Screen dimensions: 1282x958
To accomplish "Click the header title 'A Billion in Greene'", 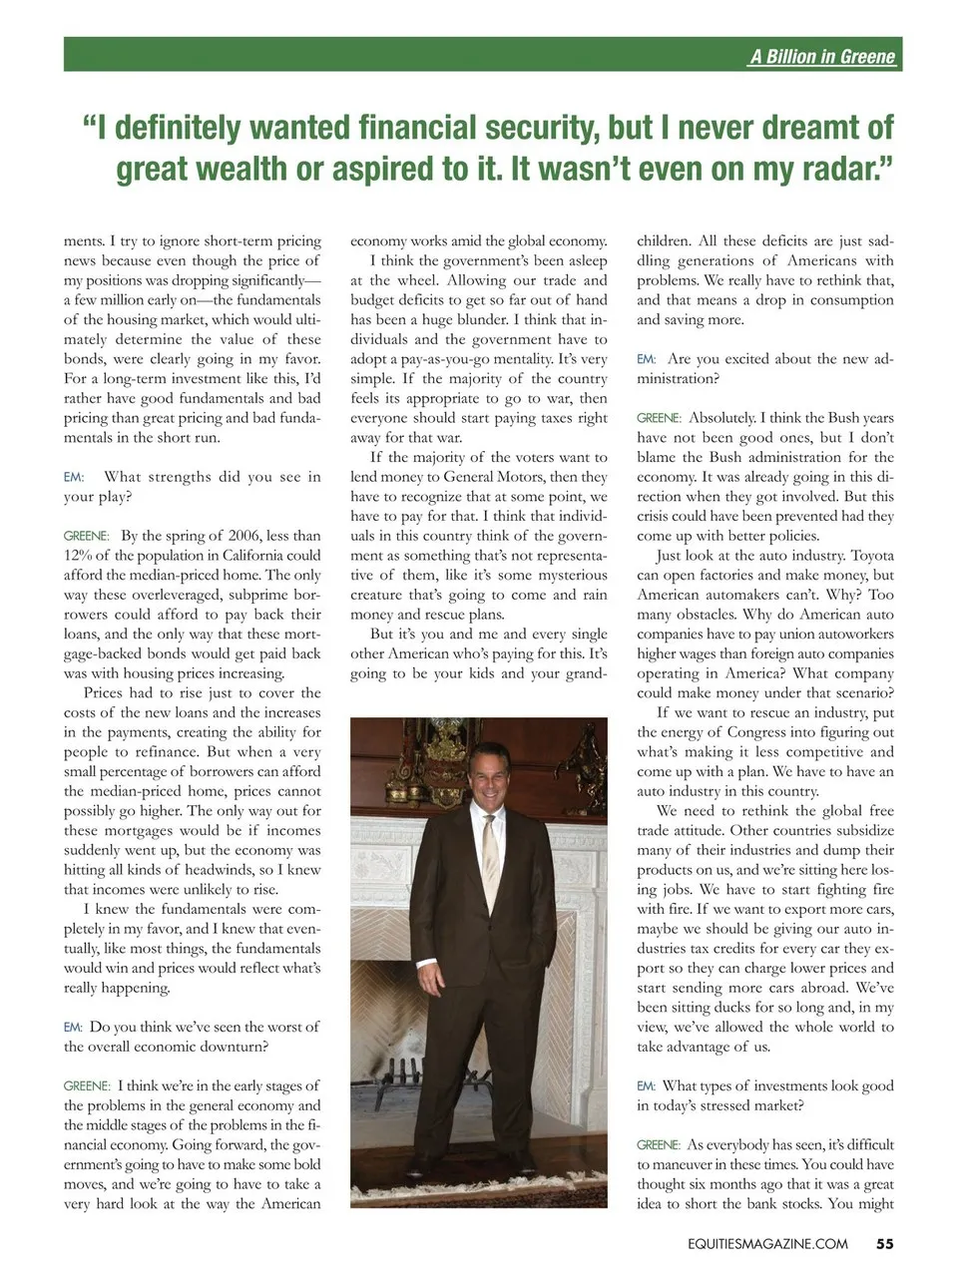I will [x=822, y=56].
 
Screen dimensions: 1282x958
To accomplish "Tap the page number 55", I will [x=885, y=1243].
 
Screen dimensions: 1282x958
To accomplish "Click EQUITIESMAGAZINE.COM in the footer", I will [x=759, y=1243].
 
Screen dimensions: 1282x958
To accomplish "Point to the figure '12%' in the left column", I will [x=79, y=556].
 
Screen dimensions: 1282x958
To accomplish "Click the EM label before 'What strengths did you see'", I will [x=73, y=477].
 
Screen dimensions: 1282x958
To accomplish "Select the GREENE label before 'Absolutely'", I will [x=659, y=418].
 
